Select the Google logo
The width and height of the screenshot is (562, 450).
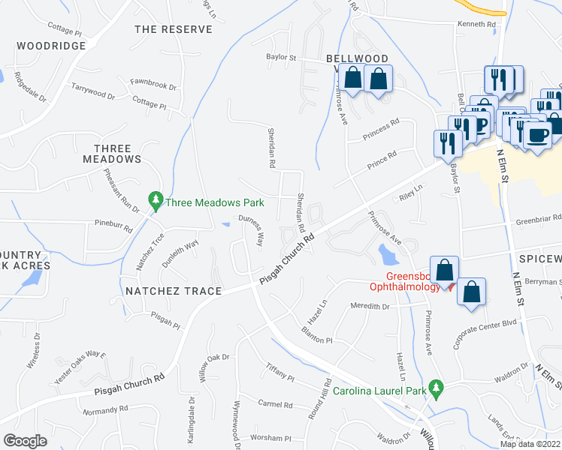pos(25,441)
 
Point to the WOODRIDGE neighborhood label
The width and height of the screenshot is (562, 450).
pos(51,46)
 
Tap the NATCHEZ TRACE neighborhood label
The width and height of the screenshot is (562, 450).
pos(174,291)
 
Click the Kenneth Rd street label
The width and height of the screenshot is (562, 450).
pos(477,25)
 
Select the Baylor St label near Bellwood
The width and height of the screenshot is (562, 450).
pos(282,57)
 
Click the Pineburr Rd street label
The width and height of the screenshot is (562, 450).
pos(113,223)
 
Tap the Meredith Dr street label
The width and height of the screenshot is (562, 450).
pos(370,306)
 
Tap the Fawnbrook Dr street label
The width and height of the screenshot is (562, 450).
pos(153,86)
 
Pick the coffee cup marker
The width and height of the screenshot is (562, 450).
pos(537,135)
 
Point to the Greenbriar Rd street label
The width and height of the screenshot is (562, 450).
pos(533,221)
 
